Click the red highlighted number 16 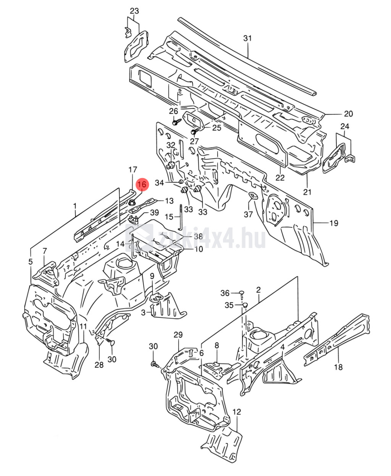[x=142, y=185]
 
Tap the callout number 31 [x=247, y=38]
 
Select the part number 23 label [x=134, y=11]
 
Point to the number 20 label [x=348, y=114]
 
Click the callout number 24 [x=345, y=126]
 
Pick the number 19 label [x=334, y=223]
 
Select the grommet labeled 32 [x=171, y=165]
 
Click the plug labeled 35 [x=245, y=305]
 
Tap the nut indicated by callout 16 [x=131, y=202]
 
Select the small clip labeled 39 [x=133, y=219]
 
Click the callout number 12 [x=237, y=412]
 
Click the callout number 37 [x=248, y=214]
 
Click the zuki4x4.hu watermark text [x=212, y=238]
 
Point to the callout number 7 [x=45, y=251]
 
